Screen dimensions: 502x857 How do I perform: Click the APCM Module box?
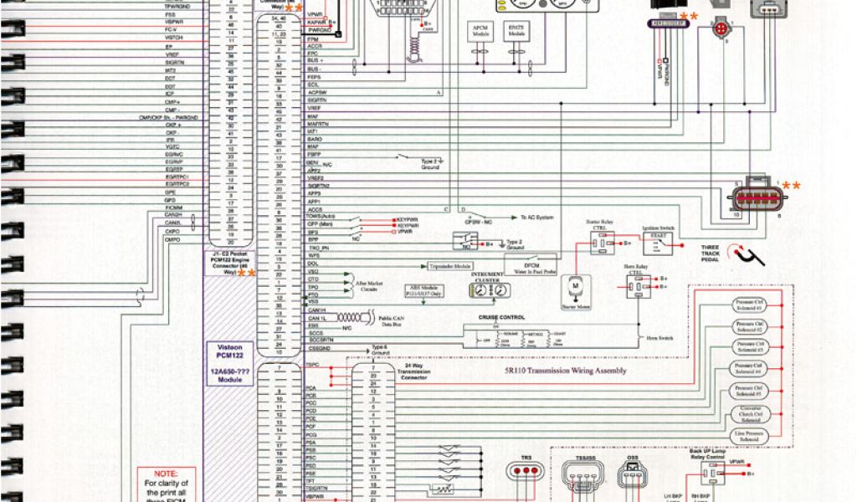(x=480, y=32)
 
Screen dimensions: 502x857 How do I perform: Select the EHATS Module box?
(x=516, y=32)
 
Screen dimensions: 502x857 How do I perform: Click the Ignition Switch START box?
(x=654, y=241)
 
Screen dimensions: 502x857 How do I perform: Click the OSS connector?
(x=633, y=475)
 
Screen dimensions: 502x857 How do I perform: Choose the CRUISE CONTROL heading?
(x=501, y=317)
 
